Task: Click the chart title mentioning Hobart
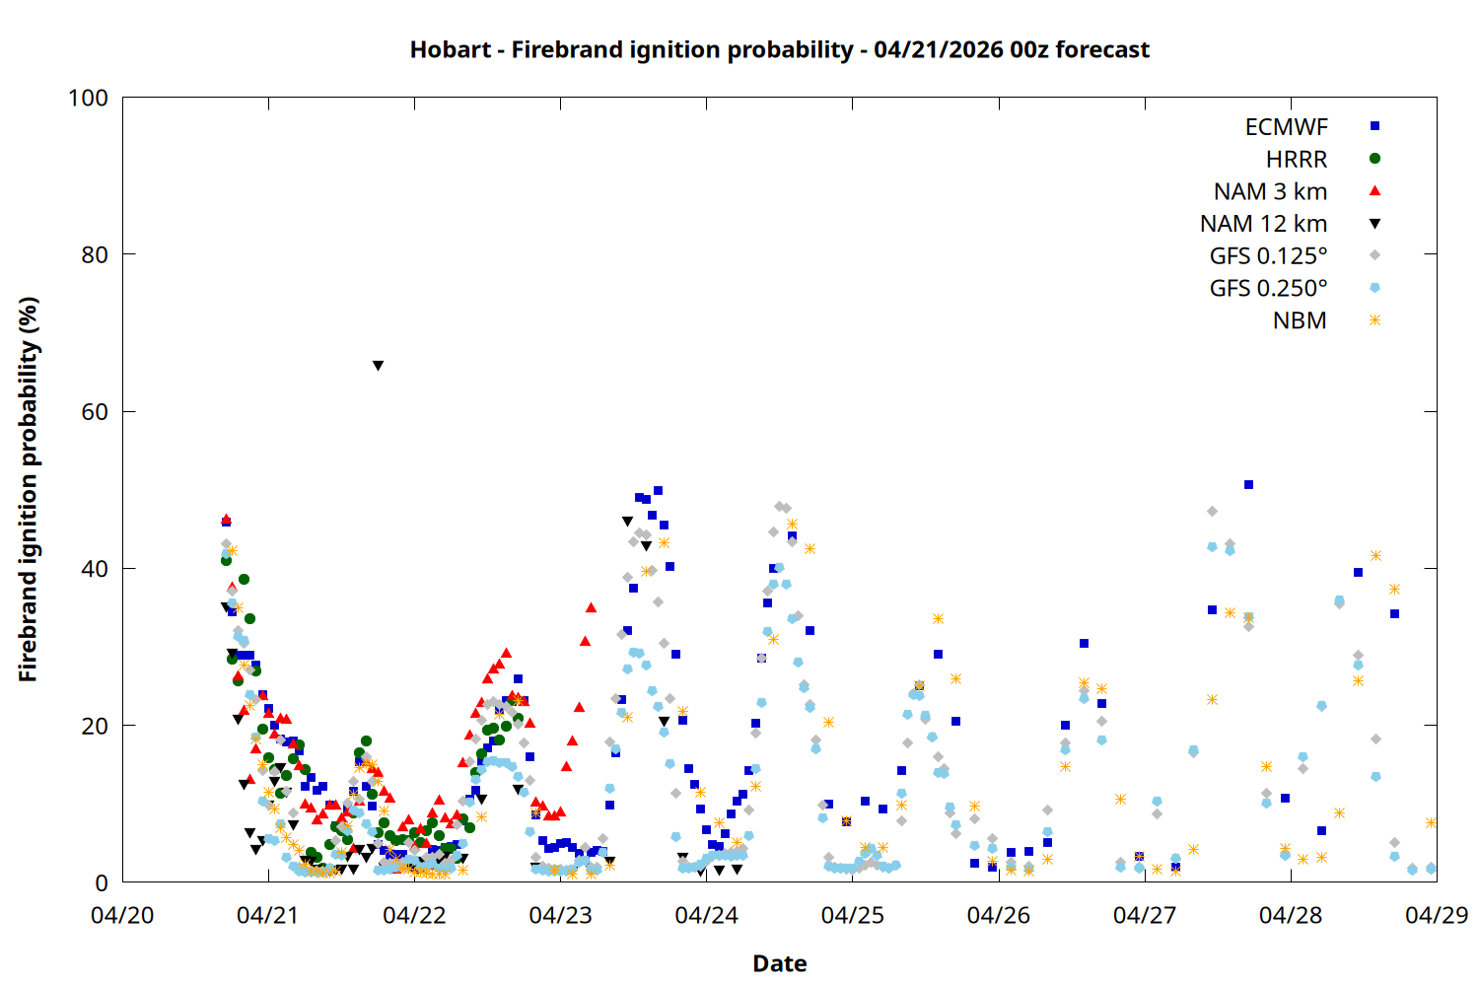point(779,49)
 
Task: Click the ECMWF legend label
point(1286,127)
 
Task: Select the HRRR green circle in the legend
point(1374,159)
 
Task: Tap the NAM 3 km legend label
point(1270,191)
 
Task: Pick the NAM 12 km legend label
point(1263,224)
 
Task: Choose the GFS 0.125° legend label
point(1268,256)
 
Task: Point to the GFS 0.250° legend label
point(1268,289)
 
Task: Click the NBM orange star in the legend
point(1374,320)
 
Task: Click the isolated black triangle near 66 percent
point(378,366)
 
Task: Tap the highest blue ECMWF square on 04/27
point(1248,485)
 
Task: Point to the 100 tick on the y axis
point(88,99)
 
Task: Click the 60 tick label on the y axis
point(95,412)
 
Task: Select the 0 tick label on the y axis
point(102,883)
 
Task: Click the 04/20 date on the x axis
point(122,915)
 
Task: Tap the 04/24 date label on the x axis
point(706,915)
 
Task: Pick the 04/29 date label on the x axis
point(1436,915)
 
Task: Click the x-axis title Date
point(779,963)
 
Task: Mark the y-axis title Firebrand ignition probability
point(29,490)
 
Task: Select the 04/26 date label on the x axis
point(998,915)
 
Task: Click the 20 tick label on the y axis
point(95,727)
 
